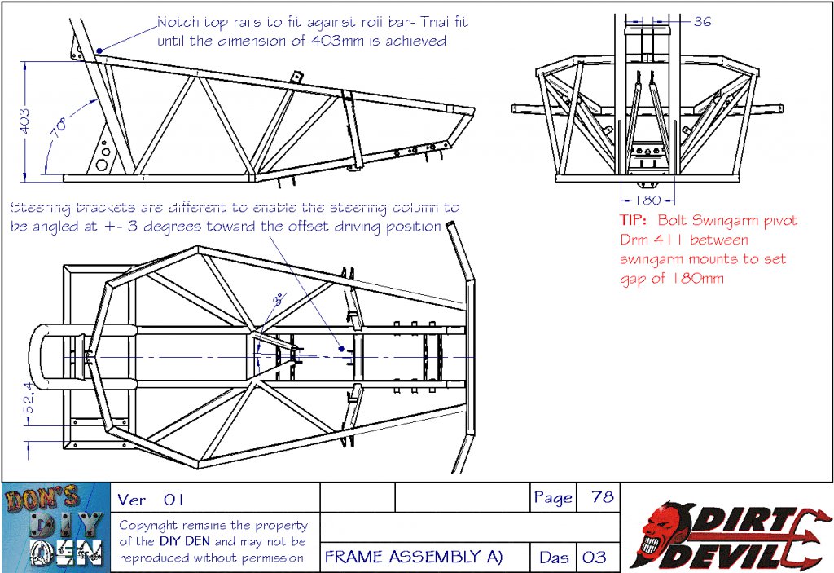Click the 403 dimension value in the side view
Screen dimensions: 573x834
24,123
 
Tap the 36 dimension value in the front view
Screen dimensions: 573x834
702,21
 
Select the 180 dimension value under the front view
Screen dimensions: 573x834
647,201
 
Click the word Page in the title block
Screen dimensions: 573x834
553,497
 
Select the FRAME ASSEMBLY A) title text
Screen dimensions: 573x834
414,557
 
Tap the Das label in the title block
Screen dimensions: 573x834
552,558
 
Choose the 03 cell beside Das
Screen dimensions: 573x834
595,558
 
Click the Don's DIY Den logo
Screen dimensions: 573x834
55,527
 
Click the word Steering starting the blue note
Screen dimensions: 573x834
40,208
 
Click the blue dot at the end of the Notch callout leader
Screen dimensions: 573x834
99,51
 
